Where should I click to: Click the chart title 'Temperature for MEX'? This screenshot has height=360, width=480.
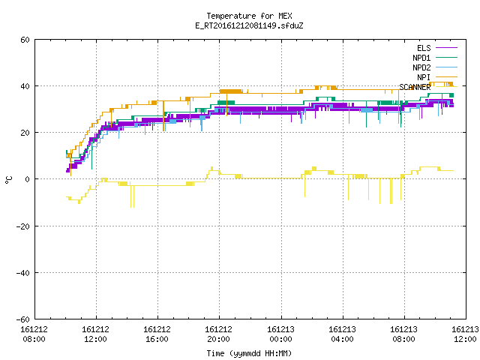tap(249, 16)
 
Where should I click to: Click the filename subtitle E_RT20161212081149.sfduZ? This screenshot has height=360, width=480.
tap(249, 25)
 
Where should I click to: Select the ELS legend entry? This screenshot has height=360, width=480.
tap(424, 48)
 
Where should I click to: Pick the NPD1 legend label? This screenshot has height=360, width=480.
tap(421, 58)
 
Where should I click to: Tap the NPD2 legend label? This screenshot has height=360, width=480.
tap(421, 67)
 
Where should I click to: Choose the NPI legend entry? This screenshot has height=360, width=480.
tap(424, 77)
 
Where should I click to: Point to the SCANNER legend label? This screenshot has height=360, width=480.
tap(415, 87)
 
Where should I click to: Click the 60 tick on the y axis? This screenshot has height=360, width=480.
tap(25, 40)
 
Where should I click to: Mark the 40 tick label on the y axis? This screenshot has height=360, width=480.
tap(25, 86)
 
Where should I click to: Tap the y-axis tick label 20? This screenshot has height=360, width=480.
tap(25, 133)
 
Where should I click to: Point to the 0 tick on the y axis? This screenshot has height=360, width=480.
tap(28, 179)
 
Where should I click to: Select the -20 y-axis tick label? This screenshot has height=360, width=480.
tap(23, 226)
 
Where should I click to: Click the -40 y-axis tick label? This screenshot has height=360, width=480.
tap(23, 273)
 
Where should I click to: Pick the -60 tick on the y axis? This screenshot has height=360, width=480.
tap(23, 319)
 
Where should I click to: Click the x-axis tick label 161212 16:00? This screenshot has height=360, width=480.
tap(157, 334)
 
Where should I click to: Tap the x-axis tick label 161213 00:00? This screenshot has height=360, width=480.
tap(280, 334)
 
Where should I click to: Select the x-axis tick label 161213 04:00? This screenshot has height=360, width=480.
tap(342, 334)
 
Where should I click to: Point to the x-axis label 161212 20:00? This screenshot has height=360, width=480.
tap(218, 334)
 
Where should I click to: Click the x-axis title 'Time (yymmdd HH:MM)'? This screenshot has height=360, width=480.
tap(249, 353)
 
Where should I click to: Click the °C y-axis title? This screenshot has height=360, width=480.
tap(8, 180)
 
